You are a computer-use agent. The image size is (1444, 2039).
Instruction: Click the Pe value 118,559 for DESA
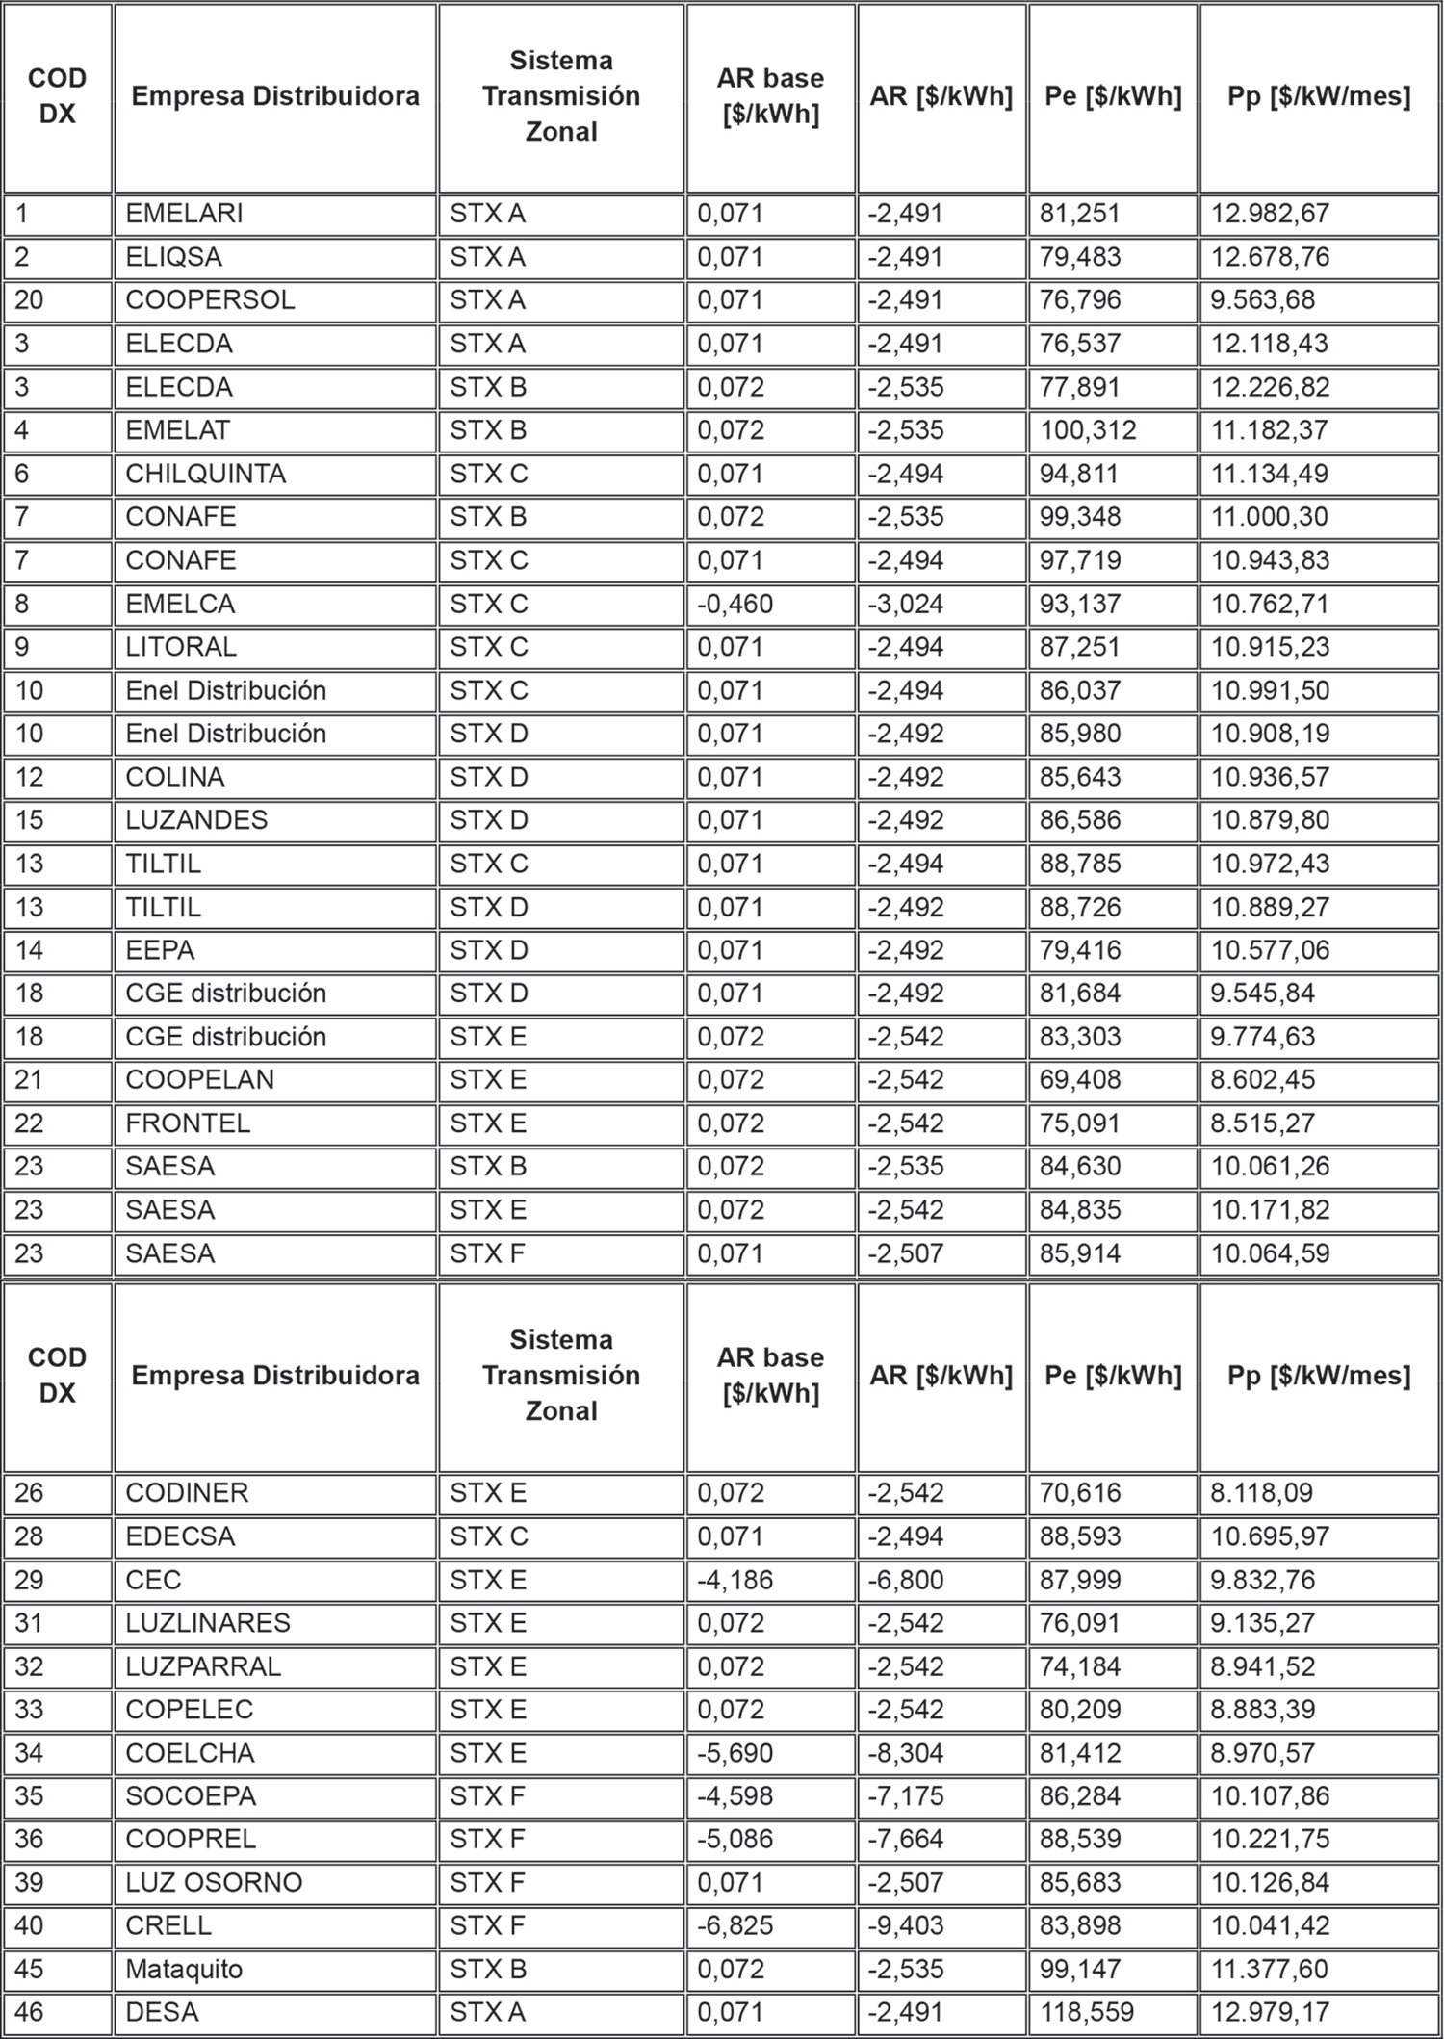pos(1087,2011)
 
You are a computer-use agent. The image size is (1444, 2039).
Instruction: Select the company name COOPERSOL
pos(210,300)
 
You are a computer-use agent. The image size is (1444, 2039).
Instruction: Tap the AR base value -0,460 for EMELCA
pos(735,605)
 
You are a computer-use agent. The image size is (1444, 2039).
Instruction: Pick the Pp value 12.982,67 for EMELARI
pos(1269,214)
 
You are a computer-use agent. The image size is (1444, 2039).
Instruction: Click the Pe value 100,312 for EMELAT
pos(1088,430)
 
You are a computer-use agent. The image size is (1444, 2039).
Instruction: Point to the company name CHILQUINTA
pos(205,474)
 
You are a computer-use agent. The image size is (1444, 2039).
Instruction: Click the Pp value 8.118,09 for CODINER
pos(1262,1492)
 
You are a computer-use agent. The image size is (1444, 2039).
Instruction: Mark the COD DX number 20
pos(29,300)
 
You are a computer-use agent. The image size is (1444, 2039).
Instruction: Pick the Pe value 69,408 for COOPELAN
pos(1080,1080)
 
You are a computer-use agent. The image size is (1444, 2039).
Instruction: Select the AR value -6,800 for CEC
pos(906,1580)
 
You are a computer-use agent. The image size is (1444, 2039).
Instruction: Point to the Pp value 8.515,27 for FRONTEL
pos(1262,1123)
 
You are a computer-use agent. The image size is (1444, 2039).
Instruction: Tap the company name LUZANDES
pos(196,820)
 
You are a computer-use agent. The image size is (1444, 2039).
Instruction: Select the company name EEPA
pos(160,950)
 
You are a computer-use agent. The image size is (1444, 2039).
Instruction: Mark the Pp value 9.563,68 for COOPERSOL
pos(1262,300)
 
